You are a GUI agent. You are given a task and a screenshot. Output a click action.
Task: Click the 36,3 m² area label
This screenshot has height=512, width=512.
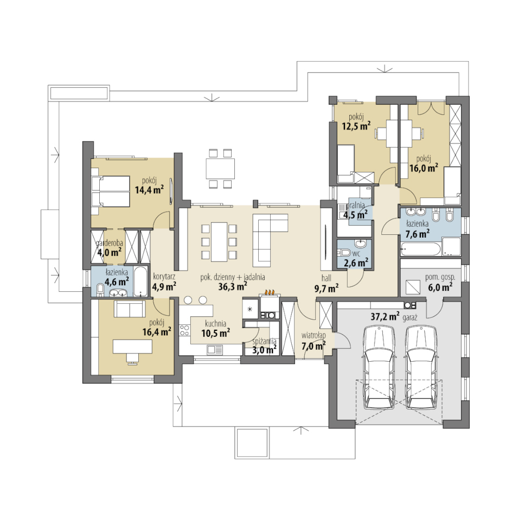coord(233,287)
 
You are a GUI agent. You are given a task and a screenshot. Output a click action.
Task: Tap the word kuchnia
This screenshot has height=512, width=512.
coord(215,324)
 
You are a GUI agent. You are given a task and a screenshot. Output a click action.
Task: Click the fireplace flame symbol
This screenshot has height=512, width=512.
coord(270,292)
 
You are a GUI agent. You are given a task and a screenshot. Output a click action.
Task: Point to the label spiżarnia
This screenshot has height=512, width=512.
coord(265,342)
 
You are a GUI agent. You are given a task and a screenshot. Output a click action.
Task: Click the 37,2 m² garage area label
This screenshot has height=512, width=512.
coord(385,316)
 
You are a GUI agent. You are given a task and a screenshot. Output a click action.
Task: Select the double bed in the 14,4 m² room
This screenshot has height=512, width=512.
coord(111,191)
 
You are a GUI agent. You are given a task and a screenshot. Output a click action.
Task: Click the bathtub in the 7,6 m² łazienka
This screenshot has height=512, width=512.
coord(420,249)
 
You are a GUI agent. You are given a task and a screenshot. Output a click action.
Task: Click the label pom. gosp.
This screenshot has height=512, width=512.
coord(440,278)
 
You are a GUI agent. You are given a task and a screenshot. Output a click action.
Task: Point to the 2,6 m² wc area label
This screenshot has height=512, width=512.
coord(356,262)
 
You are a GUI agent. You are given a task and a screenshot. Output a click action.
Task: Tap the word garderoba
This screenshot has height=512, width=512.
coord(110,244)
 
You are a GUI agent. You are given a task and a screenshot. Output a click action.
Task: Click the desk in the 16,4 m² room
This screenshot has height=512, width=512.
coord(132,347)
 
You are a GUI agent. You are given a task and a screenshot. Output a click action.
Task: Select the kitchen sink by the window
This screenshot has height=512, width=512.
coord(215,350)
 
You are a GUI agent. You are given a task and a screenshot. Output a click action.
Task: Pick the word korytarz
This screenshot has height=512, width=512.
coord(164,277)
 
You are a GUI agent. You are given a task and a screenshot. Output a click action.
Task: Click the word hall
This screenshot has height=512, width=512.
coord(326,278)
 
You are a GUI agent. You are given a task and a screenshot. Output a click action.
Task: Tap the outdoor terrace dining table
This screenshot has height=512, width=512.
coord(220,169)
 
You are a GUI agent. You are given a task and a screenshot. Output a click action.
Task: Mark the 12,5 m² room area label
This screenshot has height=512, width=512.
coord(356,126)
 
